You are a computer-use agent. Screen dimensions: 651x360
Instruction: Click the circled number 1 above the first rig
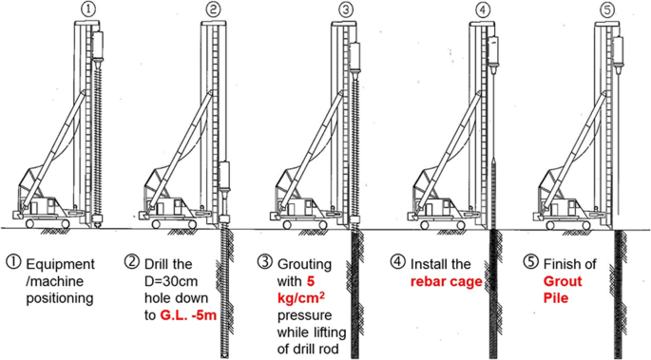(87, 9)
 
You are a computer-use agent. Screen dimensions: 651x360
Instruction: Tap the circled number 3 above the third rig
(345, 9)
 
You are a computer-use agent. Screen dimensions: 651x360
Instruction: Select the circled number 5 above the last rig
(607, 10)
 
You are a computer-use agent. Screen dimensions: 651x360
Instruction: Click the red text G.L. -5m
(188, 315)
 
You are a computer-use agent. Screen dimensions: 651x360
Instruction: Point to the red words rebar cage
(447, 281)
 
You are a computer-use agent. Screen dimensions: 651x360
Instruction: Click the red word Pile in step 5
(556, 298)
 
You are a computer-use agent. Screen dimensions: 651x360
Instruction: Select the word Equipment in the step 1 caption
(60, 265)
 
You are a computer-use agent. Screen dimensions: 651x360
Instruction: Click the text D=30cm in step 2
(171, 281)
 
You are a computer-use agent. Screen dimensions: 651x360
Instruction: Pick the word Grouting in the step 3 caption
(304, 265)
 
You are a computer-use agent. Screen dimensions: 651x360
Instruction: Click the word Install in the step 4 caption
(428, 264)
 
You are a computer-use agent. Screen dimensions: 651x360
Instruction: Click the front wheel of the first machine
(30, 224)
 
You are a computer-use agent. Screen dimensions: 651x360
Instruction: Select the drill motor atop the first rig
(98, 46)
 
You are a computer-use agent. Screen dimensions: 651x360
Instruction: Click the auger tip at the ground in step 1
(98, 224)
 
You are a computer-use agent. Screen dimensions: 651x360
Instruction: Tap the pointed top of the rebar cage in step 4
(493, 159)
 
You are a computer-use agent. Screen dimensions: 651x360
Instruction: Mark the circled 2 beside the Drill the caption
(132, 262)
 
